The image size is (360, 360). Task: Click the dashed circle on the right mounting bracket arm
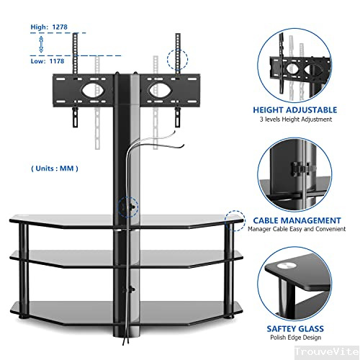click(176, 56)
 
